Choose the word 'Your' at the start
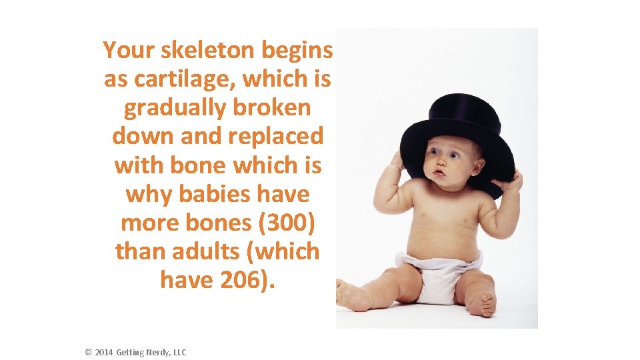[127, 49]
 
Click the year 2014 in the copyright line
[104, 352]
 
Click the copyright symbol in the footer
[89, 352]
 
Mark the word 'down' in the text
[139, 136]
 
